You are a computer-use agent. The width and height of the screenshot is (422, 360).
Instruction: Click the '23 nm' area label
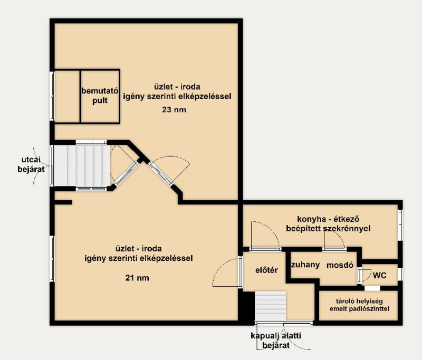[x=174, y=110]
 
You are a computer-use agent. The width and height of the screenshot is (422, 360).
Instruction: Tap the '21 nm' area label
[x=137, y=278]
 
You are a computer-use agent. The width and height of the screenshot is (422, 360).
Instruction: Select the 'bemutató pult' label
[x=100, y=96]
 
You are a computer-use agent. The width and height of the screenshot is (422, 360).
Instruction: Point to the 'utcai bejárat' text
[x=31, y=164]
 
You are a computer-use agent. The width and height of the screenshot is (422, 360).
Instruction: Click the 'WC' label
[x=379, y=275]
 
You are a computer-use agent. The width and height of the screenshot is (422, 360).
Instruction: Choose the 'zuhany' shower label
[x=305, y=265]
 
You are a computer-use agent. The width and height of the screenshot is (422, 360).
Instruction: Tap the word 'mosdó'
[x=340, y=265]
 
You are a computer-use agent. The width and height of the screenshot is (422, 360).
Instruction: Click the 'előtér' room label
[x=266, y=270]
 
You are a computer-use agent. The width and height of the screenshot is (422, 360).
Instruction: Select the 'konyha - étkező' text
[x=328, y=219]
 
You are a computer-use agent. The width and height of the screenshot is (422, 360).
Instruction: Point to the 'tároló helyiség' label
[x=359, y=301]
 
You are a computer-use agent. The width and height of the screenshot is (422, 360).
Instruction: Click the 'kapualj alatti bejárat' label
[x=276, y=340]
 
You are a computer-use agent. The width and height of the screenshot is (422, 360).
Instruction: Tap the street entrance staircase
[x=82, y=166]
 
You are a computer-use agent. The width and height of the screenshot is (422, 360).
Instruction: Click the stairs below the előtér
[x=270, y=306]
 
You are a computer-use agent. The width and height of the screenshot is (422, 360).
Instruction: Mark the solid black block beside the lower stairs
[x=246, y=306]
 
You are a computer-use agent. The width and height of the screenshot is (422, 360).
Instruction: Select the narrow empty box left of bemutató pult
[x=68, y=96]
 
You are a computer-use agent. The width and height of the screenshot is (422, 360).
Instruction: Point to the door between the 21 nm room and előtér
[x=241, y=272]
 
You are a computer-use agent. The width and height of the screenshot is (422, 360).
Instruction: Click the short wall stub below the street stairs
[x=63, y=202]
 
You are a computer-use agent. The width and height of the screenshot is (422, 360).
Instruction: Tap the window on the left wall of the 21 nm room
[x=52, y=258]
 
